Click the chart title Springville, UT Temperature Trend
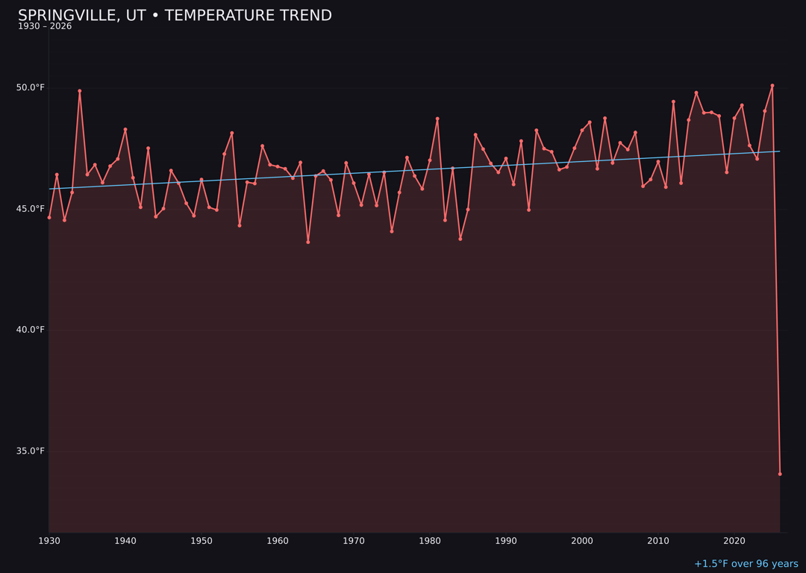pyautogui.click(x=175, y=16)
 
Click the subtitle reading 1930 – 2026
pyautogui.click(x=45, y=27)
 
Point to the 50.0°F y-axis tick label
pyautogui.click(x=31, y=88)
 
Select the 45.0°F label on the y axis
pyautogui.click(x=31, y=209)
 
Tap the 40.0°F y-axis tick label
pyautogui.click(x=31, y=330)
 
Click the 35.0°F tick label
pyautogui.click(x=31, y=451)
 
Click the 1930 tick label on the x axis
pyautogui.click(x=49, y=541)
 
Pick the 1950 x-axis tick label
pyautogui.click(x=201, y=541)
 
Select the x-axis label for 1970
pyautogui.click(x=354, y=541)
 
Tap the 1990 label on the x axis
pyautogui.click(x=506, y=541)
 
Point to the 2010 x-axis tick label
pyautogui.click(x=658, y=541)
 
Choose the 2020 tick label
pyautogui.click(x=734, y=541)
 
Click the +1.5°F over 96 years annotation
pyautogui.click(x=746, y=564)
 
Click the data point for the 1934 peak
pyautogui.click(x=80, y=91)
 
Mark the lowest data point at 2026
pyautogui.click(x=780, y=474)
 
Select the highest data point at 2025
pyautogui.click(x=772, y=86)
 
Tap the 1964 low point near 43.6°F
pyautogui.click(x=308, y=242)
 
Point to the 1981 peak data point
pyautogui.click(x=437, y=119)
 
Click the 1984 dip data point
pyautogui.click(x=460, y=239)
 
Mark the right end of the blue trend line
pyautogui.click(x=780, y=151)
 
